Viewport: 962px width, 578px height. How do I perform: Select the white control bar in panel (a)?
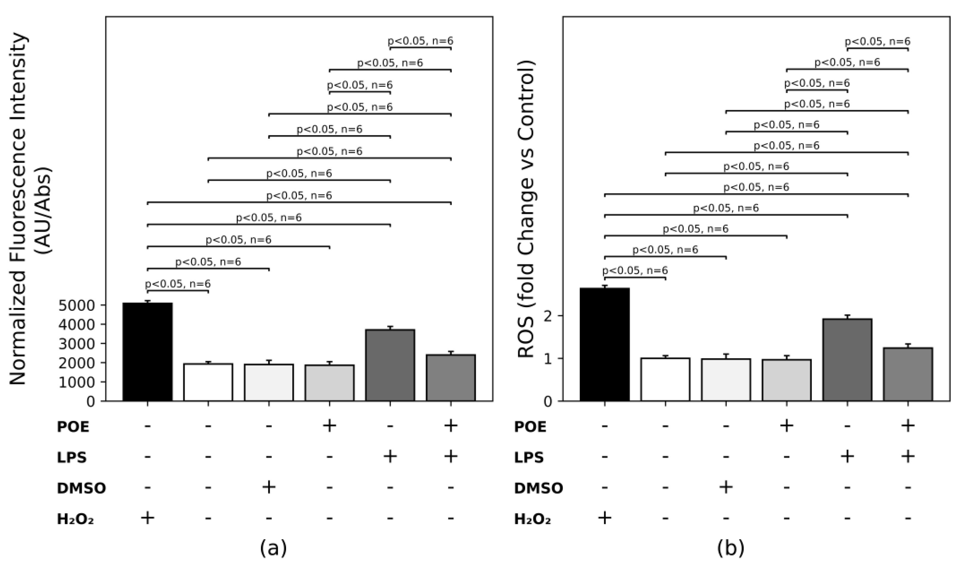coord(208,382)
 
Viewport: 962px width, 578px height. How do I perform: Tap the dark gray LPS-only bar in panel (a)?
coord(390,365)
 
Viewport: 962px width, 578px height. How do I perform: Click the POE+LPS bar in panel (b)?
coord(908,374)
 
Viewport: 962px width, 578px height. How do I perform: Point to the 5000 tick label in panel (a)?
coord(77,305)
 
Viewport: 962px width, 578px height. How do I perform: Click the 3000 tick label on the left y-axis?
coord(77,344)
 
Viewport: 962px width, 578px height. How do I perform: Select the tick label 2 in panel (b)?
coord(548,316)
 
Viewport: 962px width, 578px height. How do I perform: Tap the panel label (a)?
coord(274,548)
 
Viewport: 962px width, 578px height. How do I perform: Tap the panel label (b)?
coord(731,548)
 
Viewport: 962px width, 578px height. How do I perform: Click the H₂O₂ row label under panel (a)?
coord(75,519)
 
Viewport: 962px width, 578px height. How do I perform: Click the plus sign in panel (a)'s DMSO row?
coord(269,487)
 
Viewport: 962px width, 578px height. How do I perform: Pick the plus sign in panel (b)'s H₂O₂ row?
coord(604,518)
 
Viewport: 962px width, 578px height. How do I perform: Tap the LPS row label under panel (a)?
coord(72,457)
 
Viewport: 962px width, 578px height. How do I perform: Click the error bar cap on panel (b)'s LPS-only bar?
coord(847,315)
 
